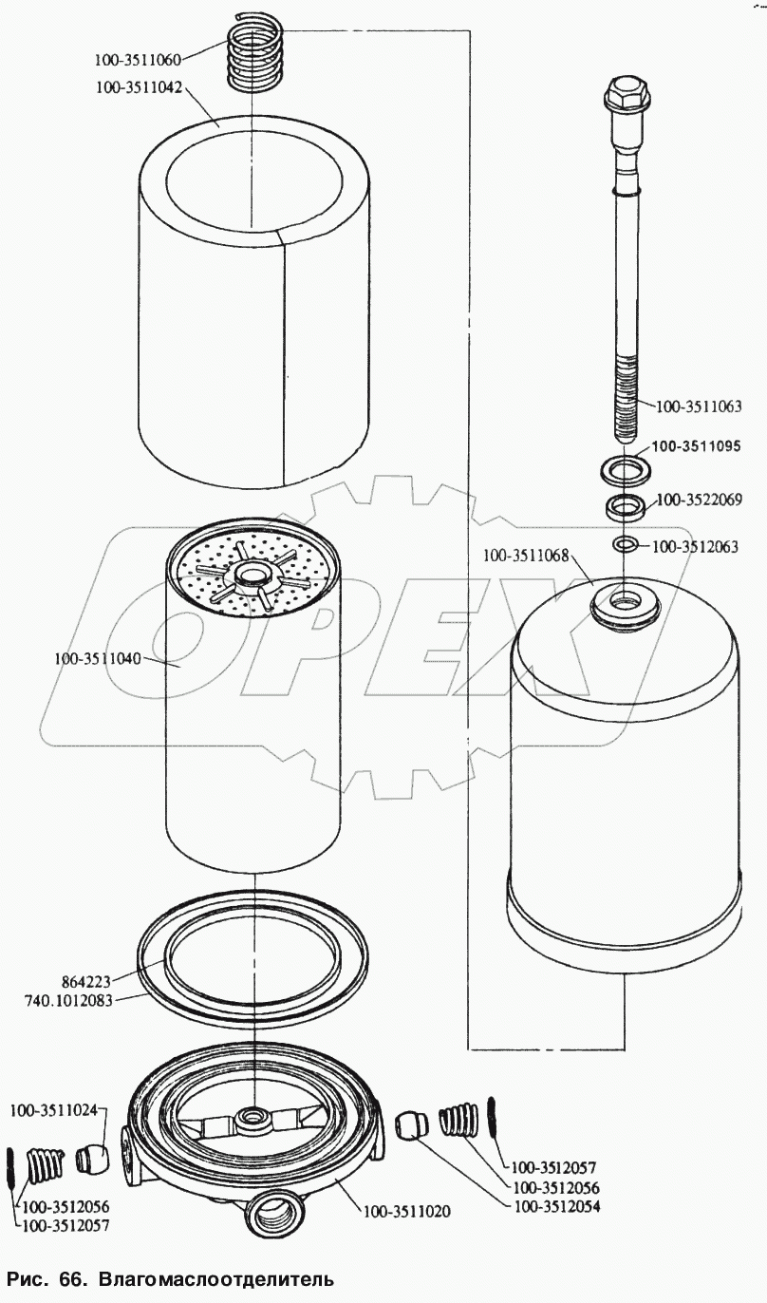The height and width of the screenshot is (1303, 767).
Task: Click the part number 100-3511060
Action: tap(139, 59)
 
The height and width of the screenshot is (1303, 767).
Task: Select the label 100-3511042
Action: tap(139, 87)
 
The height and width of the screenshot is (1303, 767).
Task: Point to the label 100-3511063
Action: tap(699, 406)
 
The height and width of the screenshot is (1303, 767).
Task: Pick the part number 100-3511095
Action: tap(696, 446)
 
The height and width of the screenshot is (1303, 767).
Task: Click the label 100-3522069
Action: tap(700, 500)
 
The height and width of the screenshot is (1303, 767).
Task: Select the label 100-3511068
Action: tap(525, 556)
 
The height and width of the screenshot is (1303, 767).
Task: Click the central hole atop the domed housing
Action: tap(626, 598)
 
